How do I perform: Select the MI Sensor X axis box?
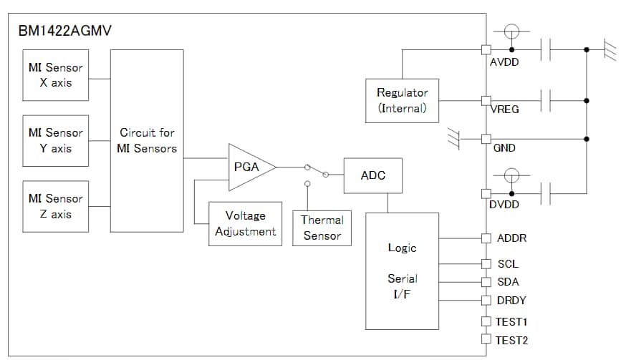[55, 75]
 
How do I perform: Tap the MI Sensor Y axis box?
[55, 140]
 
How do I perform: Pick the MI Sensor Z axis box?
[55, 206]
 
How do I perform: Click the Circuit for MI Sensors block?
[147, 140]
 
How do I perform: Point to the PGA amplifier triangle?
[247, 167]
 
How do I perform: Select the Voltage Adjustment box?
[245, 223]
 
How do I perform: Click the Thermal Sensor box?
[322, 228]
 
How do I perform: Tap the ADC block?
[372, 175]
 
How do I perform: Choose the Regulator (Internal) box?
[402, 100]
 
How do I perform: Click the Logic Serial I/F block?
[402, 271]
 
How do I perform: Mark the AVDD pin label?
[504, 62]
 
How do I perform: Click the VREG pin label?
[504, 110]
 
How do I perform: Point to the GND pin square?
[486, 138]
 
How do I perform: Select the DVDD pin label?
[504, 205]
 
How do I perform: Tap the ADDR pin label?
[511, 238]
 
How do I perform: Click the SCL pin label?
[507, 264]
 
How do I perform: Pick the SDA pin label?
[507, 282]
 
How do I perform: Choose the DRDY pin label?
[511, 301]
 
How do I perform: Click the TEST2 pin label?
[512, 340]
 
